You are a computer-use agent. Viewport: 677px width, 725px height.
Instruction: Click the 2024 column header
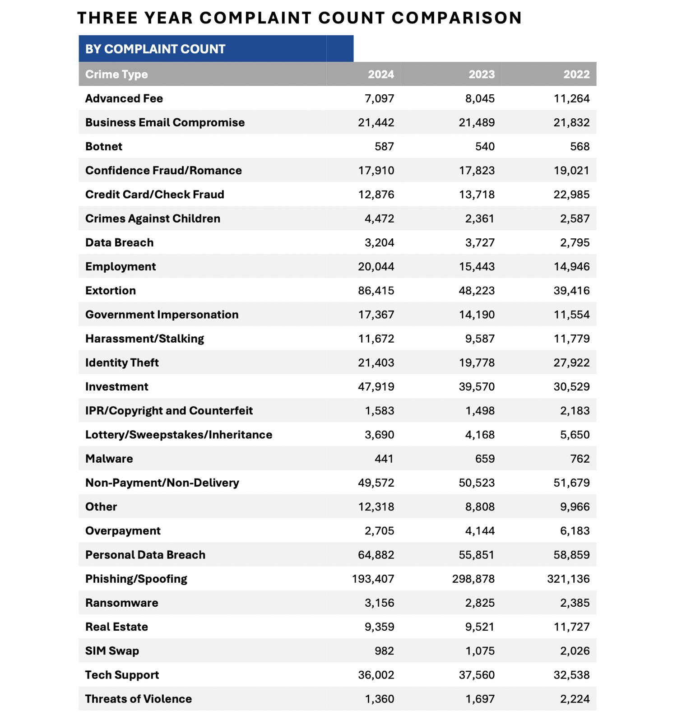pos(380,74)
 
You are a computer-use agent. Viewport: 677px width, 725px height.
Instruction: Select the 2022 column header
pos(576,74)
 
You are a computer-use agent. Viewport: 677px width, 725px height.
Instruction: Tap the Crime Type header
pos(116,74)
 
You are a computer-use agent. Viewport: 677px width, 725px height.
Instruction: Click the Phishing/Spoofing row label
pos(136,579)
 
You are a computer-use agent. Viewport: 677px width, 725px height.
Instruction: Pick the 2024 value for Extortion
pos(376,291)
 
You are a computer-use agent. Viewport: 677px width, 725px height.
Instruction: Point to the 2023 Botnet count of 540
pos(482,147)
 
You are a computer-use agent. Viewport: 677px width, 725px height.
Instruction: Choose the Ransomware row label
pos(122,603)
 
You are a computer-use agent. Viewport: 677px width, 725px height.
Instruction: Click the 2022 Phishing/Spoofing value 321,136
pos(568,579)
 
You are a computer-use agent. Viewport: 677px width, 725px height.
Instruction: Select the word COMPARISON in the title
pos(457,18)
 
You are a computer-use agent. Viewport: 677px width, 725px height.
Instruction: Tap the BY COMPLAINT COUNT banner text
pos(155,49)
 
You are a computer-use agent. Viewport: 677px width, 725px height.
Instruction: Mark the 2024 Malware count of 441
pos(384,459)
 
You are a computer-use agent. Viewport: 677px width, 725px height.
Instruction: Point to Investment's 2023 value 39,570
pos(477,387)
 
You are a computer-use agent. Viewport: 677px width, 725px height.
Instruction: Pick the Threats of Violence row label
pos(139,699)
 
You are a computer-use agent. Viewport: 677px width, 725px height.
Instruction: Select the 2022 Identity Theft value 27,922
pos(572,363)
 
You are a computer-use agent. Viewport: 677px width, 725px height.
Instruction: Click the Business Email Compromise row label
pos(165,123)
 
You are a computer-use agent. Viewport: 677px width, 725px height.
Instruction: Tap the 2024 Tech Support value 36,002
pos(376,675)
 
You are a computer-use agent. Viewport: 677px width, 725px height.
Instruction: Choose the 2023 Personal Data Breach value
pos(477,555)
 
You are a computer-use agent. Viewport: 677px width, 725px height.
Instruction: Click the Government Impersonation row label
pos(162,315)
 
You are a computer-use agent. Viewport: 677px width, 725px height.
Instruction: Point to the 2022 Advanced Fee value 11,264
pos(572,99)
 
